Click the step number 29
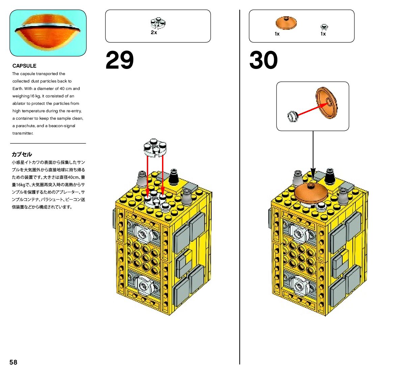119,61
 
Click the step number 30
263,61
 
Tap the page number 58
13,362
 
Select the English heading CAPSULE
24,66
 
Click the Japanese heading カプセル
22,154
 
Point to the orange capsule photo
48,33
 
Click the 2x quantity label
154,33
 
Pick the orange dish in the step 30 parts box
286,23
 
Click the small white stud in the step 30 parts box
324,27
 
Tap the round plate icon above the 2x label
158,23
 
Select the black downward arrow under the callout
313,156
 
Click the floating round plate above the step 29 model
155,148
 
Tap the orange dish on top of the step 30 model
311,192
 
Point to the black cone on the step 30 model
330,176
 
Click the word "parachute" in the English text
25,126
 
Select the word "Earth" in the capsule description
18,89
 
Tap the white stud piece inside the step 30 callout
292,117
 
